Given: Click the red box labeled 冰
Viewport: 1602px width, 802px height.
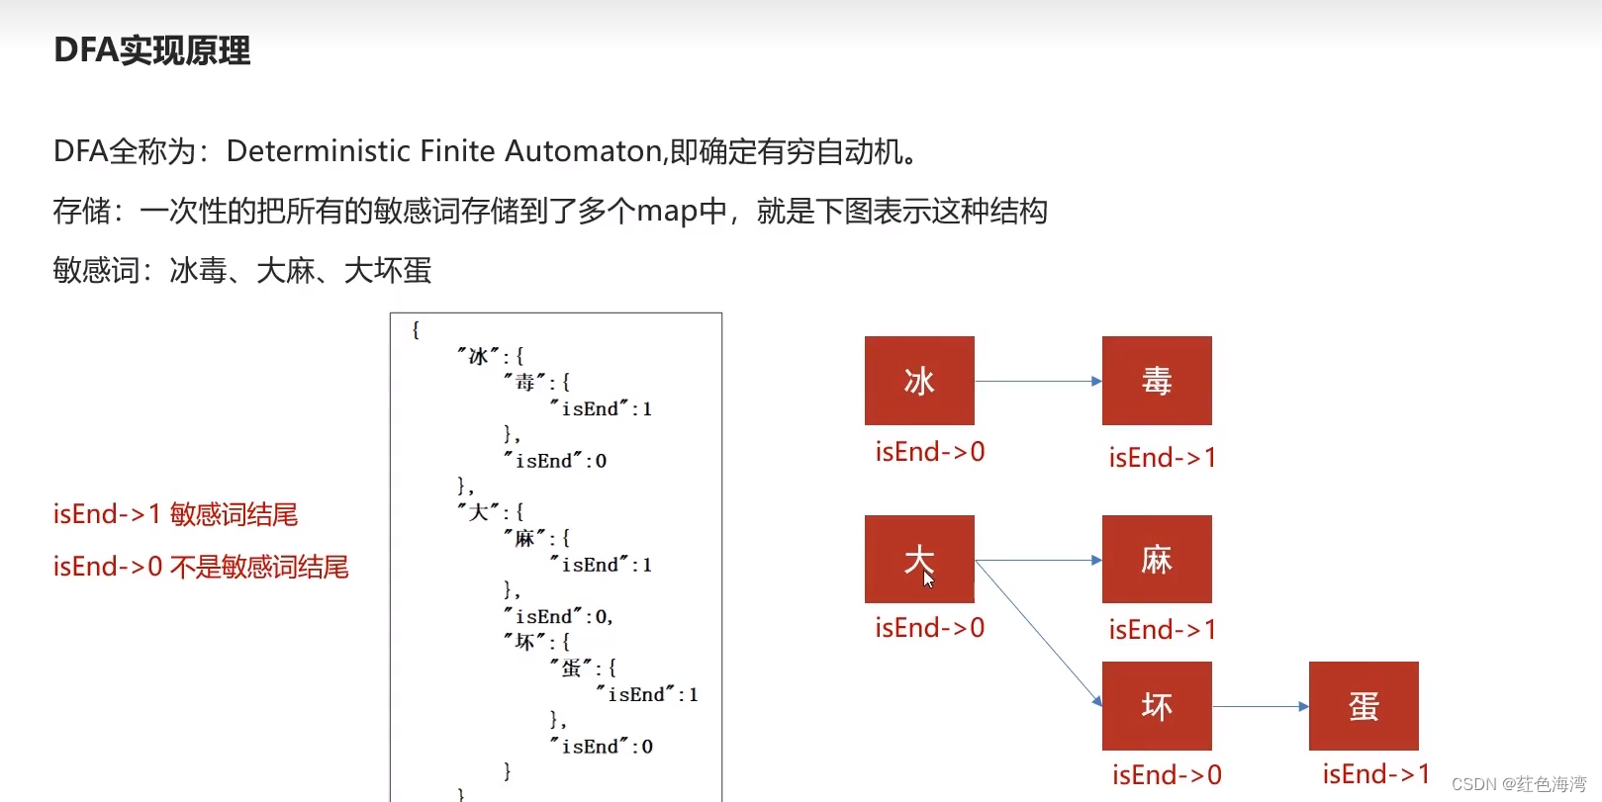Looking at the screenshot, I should point(919,381).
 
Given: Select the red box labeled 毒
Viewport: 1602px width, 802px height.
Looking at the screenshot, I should point(1157,381).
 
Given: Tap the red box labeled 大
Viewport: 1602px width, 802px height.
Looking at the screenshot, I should point(919,559).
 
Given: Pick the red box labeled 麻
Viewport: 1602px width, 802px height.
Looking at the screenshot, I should point(1157,559).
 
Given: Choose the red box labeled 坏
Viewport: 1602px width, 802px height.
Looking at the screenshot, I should point(1157,706).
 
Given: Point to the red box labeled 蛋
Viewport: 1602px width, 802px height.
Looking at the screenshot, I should point(1364,706).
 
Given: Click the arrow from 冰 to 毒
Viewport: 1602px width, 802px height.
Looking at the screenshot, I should point(1038,381).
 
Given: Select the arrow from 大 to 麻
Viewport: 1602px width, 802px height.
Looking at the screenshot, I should point(1038,560).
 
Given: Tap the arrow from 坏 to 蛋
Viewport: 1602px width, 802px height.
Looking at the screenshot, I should point(1261,706).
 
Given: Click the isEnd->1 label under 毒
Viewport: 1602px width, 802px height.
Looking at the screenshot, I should point(1162,458).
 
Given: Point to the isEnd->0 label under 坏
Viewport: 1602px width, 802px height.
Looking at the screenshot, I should point(1167,775).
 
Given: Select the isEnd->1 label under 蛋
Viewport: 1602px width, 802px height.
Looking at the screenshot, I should point(1375,774).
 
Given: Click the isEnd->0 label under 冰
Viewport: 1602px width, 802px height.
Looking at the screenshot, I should point(929,452).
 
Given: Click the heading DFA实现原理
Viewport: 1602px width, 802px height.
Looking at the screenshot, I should point(152,50).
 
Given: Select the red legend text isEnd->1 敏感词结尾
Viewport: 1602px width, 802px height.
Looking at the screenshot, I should point(175,514).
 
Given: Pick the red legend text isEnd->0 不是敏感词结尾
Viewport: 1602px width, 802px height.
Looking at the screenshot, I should point(201,567).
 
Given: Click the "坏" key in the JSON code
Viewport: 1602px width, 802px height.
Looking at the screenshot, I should point(524,642).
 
